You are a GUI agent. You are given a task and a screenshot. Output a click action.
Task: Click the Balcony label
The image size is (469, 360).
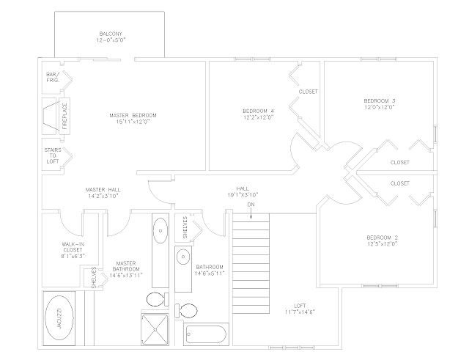click(111, 34)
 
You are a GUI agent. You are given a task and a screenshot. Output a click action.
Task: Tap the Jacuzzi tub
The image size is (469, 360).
click(60, 317)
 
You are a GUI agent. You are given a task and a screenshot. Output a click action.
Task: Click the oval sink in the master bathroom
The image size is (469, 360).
click(160, 235)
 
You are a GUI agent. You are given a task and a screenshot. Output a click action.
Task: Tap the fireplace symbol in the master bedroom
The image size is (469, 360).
click(54, 116)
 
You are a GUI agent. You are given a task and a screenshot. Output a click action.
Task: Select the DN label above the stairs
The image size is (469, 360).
click(251, 205)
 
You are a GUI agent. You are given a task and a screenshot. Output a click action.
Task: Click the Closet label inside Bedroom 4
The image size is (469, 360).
click(308, 92)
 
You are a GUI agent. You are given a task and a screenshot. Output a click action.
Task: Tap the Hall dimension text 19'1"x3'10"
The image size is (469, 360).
click(242, 195)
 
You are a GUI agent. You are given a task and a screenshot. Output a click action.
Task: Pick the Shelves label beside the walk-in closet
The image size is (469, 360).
click(94, 278)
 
